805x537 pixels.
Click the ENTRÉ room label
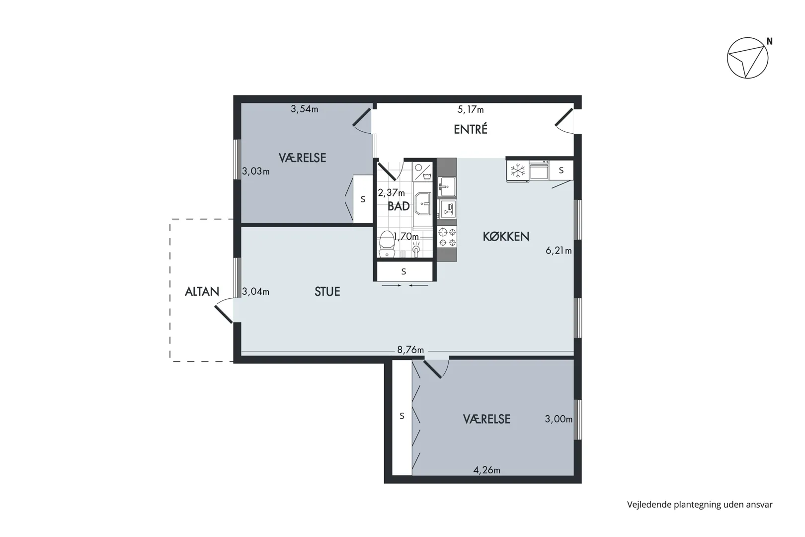pos(471,129)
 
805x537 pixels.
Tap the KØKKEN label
pos(506,236)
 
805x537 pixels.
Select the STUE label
pos(327,291)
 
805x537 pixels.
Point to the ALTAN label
pos(202,291)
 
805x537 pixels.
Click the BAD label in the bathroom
pos(399,206)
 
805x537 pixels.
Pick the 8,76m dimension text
pos(410,350)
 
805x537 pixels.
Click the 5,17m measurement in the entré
pos(471,109)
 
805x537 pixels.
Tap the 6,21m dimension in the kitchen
pos(559,250)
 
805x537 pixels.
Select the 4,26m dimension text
pos(486,470)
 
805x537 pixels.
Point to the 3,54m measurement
pos(305,108)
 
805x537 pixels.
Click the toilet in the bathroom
pos(387,244)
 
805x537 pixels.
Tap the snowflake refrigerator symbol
pos(518,171)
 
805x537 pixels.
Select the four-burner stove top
pos(447,237)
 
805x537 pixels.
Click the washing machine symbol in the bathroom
pos(422,172)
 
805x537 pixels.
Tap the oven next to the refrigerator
pos(539,171)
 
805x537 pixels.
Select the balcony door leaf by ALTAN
pos(224,314)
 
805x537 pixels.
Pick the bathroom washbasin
pos(423,203)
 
